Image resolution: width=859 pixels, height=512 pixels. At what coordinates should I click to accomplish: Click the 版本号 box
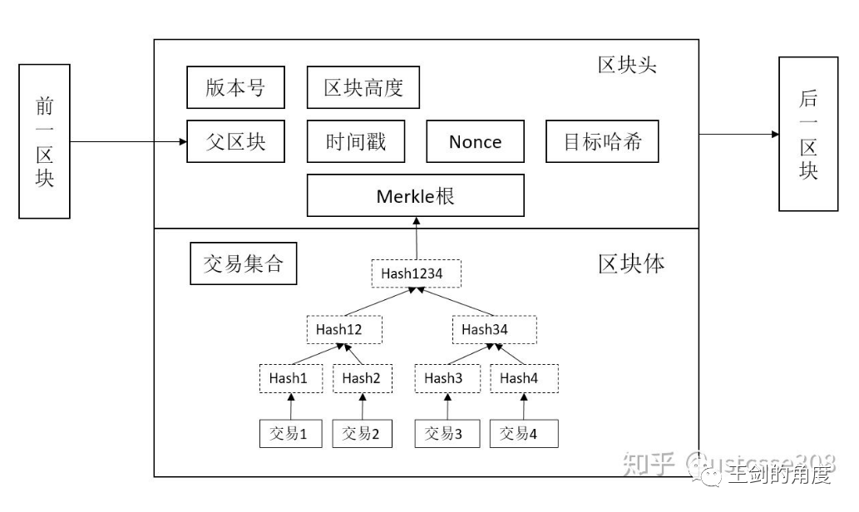236,88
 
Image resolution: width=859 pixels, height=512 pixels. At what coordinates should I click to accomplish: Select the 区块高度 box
363,88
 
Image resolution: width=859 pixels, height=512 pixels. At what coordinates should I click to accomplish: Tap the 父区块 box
236,141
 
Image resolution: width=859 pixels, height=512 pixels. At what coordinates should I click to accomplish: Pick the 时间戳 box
356,141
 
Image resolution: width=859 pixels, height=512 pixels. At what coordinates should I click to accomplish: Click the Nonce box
475,141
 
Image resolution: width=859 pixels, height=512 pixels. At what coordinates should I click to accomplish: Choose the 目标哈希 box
603,141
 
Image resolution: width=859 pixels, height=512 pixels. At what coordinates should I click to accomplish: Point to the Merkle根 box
415,196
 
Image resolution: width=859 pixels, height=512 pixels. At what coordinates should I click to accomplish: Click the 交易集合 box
243,263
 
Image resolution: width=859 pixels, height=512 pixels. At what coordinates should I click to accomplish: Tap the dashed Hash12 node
343,329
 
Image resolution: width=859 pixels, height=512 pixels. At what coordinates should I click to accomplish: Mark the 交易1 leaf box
290,433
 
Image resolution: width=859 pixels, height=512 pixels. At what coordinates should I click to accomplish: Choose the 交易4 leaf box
523,433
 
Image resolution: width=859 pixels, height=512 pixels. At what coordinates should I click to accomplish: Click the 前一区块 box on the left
44,141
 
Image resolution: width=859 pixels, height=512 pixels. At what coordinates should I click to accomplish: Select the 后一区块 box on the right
807,134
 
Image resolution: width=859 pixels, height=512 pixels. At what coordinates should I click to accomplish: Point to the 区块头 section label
627,65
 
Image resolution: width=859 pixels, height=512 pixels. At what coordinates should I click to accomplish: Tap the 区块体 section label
631,263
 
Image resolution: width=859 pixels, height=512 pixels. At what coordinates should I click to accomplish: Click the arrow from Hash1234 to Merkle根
416,239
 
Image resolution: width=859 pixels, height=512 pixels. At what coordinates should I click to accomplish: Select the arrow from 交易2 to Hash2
363,406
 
